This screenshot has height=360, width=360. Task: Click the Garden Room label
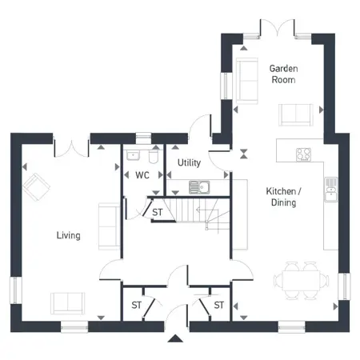click(x=283, y=74)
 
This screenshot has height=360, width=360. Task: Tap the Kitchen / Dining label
click(x=283, y=197)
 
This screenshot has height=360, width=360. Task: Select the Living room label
click(x=68, y=235)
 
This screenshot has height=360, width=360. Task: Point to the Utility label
click(x=189, y=162)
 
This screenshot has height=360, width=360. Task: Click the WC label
click(x=142, y=175)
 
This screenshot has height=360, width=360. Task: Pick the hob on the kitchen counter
click(x=303, y=154)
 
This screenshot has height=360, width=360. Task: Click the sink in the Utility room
click(x=199, y=187)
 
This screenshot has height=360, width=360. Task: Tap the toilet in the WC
click(x=154, y=157)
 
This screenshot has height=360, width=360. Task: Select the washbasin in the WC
click(x=133, y=155)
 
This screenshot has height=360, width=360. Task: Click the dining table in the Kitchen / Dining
click(x=301, y=281)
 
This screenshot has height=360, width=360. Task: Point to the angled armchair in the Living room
click(x=36, y=186)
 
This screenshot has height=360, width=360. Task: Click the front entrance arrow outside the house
click(x=175, y=338)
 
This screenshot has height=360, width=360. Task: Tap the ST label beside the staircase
click(x=158, y=212)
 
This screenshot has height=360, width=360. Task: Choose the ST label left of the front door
click(x=136, y=305)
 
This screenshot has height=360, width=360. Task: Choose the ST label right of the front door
click(x=218, y=305)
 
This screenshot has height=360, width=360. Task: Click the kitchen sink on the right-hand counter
click(x=331, y=190)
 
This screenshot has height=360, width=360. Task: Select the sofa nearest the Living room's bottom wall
click(x=68, y=303)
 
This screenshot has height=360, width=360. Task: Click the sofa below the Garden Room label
click(x=296, y=114)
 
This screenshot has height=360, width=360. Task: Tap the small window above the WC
click(x=143, y=138)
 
